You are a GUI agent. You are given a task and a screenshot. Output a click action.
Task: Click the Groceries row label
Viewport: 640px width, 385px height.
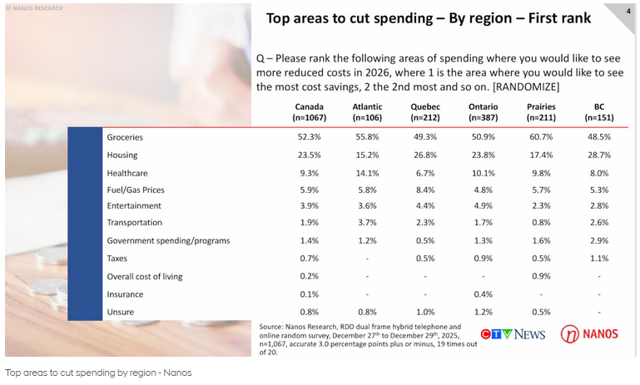click(x=125, y=136)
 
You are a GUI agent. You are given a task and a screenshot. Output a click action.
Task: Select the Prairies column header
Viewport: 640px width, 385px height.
click(x=541, y=112)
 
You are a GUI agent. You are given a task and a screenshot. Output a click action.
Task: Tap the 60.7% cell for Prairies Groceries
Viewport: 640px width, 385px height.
click(x=541, y=136)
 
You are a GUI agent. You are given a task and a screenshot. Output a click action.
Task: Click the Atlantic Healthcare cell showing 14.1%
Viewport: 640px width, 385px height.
click(x=367, y=173)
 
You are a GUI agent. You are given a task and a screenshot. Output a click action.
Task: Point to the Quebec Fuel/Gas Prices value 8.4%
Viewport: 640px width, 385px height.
click(x=424, y=190)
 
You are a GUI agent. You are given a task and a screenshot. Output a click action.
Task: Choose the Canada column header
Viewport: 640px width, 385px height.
click(x=309, y=112)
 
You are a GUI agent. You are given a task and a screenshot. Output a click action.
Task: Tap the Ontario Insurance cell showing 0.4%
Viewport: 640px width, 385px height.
click(x=483, y=294)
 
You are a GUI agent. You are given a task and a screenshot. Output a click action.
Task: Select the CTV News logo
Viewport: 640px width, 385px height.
click(x=513, y=333)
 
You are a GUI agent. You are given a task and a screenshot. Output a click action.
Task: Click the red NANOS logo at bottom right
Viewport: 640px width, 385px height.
click(x=588, y=333)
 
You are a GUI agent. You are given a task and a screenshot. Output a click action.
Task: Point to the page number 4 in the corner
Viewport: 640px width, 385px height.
click(x=628, y=11)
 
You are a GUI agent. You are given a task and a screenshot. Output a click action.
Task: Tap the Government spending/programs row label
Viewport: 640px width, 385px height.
click(x=168, y=240)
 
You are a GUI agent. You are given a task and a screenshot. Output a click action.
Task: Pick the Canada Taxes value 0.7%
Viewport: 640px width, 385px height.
click(x=309, y=259)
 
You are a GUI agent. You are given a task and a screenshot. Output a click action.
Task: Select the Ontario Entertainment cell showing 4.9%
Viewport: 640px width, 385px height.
click(x=483, y=205)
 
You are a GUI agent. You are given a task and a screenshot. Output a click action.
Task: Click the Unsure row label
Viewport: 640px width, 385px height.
click(x=121, y=312)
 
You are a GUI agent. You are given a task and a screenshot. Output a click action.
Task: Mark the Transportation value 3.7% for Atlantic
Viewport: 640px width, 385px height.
click(x=367, y=223)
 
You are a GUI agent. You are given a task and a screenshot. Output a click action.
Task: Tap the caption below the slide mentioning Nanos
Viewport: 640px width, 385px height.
click(x=98, y=373)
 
